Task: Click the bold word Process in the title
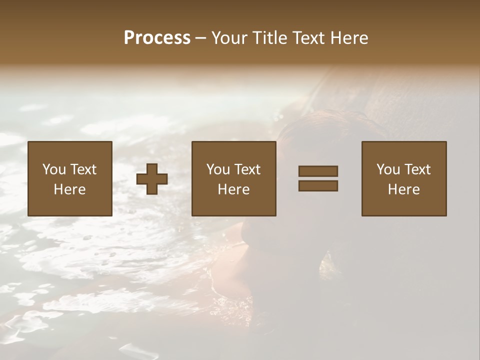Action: coord(157,38)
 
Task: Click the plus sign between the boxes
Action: coord(152,179)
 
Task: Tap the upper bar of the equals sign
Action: coord(318,171)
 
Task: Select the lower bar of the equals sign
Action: coord(318,186)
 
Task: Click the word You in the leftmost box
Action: coord(54,169)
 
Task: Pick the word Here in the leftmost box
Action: coord(69,189)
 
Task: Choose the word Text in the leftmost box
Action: coord(82,169)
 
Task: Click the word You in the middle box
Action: coord(218,169)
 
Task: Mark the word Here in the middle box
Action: coord(233,189)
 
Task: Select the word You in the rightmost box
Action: coord(388,169)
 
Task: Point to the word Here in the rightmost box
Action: coord(403,189)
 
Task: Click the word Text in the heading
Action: coord(308,38)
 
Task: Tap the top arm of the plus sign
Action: coord(152,169)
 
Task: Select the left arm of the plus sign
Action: coord(142,179)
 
